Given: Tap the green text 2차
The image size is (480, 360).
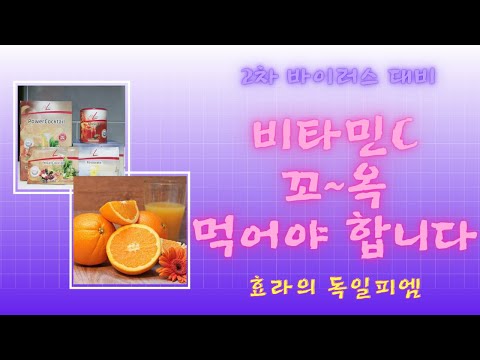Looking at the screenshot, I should (261, 77).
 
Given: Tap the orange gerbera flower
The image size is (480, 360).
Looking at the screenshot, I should (170, 262).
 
